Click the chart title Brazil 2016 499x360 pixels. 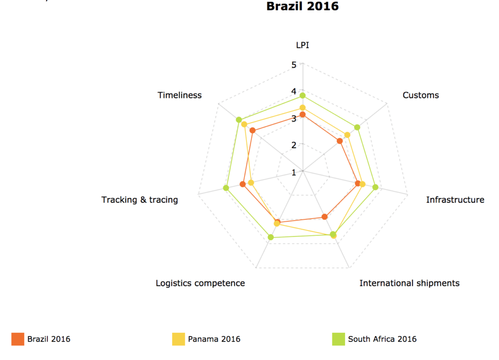point(302,6)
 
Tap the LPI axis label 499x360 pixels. point(303,45)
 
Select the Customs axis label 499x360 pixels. point(421,95)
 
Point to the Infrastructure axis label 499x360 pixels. point(455,200)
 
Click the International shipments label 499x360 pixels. point(409,283)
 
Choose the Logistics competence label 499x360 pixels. point(200,283)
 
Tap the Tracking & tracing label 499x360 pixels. point(140,200)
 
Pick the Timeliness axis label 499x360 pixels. point(179,95)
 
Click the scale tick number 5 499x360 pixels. point(294,64)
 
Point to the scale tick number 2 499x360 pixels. point(294,145)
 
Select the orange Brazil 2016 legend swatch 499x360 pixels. point(18,339)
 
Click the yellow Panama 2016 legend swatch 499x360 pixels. point(178,339)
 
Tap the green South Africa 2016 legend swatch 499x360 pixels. point(338,339)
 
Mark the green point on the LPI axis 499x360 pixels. point(302,95)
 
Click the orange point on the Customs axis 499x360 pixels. point(340,141)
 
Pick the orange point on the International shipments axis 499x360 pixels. point(325,217)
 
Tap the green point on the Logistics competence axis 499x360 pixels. point(271,238)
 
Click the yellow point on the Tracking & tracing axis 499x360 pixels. point(251,183)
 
